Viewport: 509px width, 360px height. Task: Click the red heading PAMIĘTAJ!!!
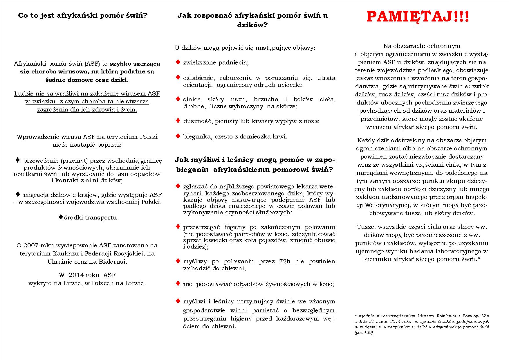pyautogui.click(x=418, y=17)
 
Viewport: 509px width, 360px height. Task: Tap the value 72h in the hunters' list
pyautogui.click(x=284, y=261)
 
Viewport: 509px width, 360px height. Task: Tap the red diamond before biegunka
pyautogui.click(x=178, y=136)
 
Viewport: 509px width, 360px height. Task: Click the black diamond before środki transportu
pyautogui.click(x=61, y=217)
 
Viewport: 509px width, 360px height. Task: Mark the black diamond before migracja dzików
pyautogui.click(x=18, y=194)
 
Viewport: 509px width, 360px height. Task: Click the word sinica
pyautogui.click(x=191, y=100)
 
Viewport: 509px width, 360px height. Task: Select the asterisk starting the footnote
pyautogui.click(x=356, y=315)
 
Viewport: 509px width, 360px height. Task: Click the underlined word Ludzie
pyautogui.click(x=24, y=93)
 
